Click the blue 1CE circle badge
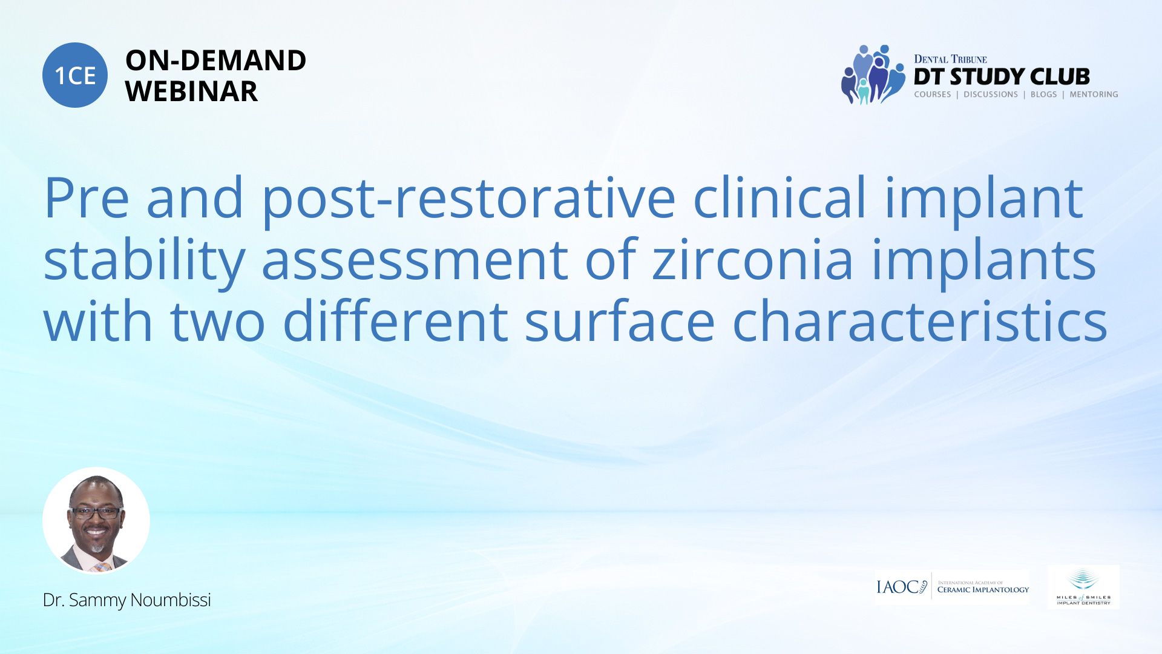coord(75,75)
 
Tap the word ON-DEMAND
coord(215,61)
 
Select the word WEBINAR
coord(191,91)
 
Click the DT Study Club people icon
coord(872,74)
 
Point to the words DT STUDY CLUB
coord(1002,77)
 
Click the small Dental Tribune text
coord(950,59)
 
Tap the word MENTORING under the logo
coord(1094,94)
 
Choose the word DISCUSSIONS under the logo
coord(991,94)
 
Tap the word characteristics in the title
coord(920,321)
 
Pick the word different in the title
coord(395,321)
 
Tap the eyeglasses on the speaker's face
coord(96,512)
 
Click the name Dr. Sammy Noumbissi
coord(127,600)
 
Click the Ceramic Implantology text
coord(983,589)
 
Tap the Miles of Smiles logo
coord(1083,587)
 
